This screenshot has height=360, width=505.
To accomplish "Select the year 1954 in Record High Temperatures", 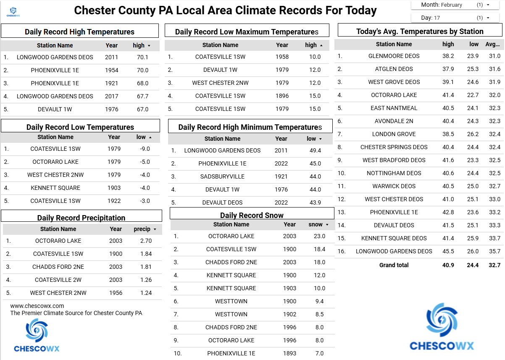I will tap(112, 70).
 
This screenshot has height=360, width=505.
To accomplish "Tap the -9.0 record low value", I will tap(145, 149).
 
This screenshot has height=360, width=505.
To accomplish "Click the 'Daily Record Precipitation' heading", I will tap(81, 218).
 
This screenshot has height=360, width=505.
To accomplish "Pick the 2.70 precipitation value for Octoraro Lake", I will tap(146, 241).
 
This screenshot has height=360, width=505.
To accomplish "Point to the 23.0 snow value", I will tap(320, 236).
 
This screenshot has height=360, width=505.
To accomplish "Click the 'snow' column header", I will tap(316, 224).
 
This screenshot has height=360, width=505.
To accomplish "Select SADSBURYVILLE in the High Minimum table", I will tap(223, 176).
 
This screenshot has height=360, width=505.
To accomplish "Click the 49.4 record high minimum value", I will tap(315, 150).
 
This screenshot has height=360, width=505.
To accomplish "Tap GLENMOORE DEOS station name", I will tap(394, 56).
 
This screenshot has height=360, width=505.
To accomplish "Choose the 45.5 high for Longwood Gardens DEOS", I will tap(448, 251).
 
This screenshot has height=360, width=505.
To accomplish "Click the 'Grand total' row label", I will tap(394, 265).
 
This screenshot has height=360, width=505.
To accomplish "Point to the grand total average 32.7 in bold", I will tap(494, 265).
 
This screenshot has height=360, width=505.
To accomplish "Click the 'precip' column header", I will tap(142, 229).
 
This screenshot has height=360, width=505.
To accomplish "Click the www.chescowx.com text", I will tap(37, 306).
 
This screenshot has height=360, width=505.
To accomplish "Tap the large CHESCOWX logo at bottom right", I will tap(442, 328).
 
